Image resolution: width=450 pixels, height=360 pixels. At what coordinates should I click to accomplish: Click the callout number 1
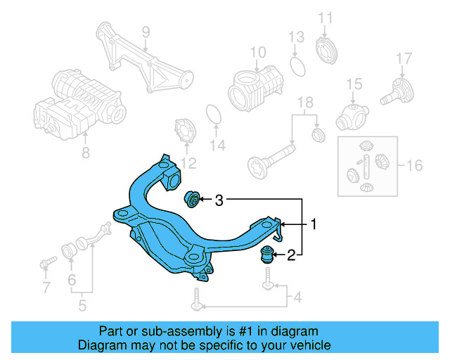click(x=314, y=225)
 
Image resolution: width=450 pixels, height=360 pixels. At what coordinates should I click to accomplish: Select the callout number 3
click(x=219, y=200)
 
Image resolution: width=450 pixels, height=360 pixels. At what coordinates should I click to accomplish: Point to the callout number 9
click(x=146, y=32)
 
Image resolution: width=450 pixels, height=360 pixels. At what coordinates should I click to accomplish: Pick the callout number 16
click(x=415, y=166)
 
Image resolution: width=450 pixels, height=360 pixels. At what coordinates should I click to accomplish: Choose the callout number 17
click(x=403, y=58)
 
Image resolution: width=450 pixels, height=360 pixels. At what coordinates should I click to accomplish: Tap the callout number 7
click(x=46, y=287)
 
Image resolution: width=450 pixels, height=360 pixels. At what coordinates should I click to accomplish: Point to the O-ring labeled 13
click(x=298, y=65)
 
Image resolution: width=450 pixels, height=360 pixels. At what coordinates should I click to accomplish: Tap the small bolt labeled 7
click(x=46, y=263)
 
